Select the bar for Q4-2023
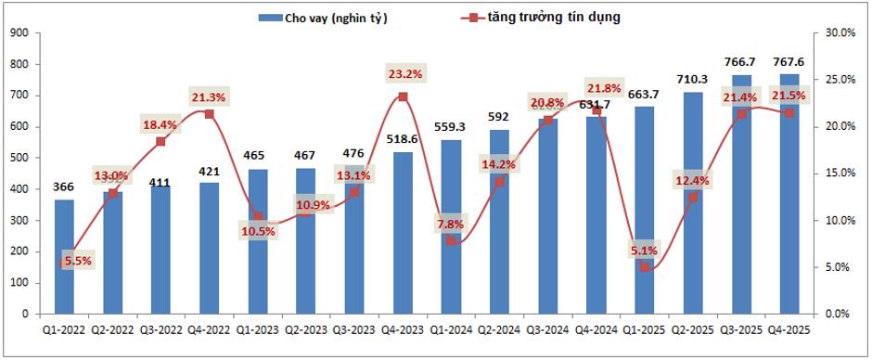403,233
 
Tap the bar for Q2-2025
693,203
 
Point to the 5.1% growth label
643,250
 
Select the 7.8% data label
451,223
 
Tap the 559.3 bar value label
452,127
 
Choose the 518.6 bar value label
404,139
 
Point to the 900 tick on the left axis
21,32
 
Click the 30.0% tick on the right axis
840,32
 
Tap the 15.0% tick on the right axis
840,174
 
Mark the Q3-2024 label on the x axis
547,329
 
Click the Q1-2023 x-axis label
257,329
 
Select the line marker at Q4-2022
209,114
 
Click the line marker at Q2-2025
693,197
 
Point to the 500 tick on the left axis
21,158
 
